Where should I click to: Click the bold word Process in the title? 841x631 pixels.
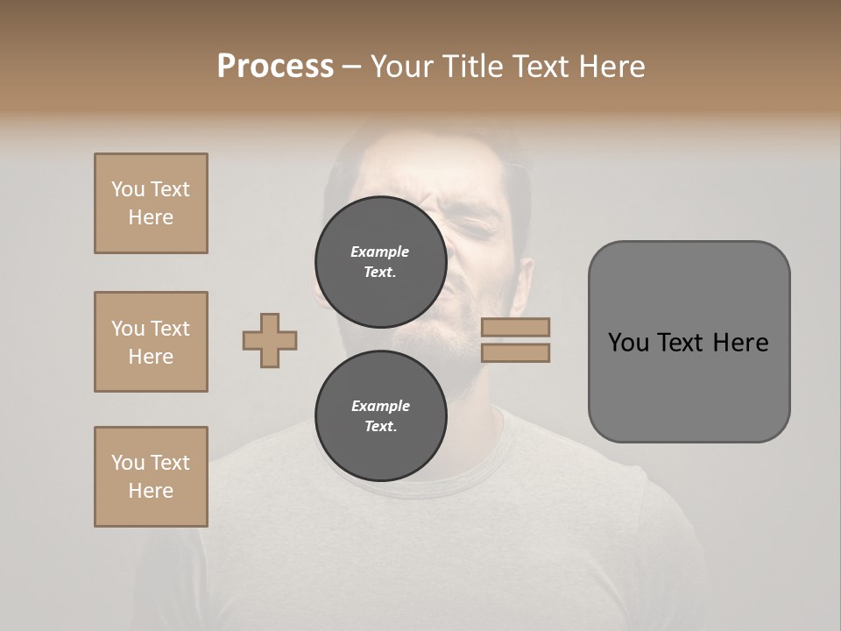(275, 67)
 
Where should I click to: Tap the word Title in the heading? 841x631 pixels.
(472, 67)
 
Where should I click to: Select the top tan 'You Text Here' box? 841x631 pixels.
(151, 203)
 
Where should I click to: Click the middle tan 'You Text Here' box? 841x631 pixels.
(151, 342)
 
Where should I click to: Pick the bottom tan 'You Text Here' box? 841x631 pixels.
(151, 477)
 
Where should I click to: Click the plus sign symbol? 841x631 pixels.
(270, 340)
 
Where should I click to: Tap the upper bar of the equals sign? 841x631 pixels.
(515, 327)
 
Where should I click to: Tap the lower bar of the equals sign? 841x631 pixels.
(515, 353)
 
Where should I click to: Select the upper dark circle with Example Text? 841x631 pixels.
(380, 261)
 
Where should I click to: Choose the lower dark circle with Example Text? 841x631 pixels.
(380, 415)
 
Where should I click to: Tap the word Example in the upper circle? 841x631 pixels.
(380, 252)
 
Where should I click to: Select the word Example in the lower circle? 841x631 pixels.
(380, 406)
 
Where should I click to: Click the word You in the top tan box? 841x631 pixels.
(128, 189)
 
